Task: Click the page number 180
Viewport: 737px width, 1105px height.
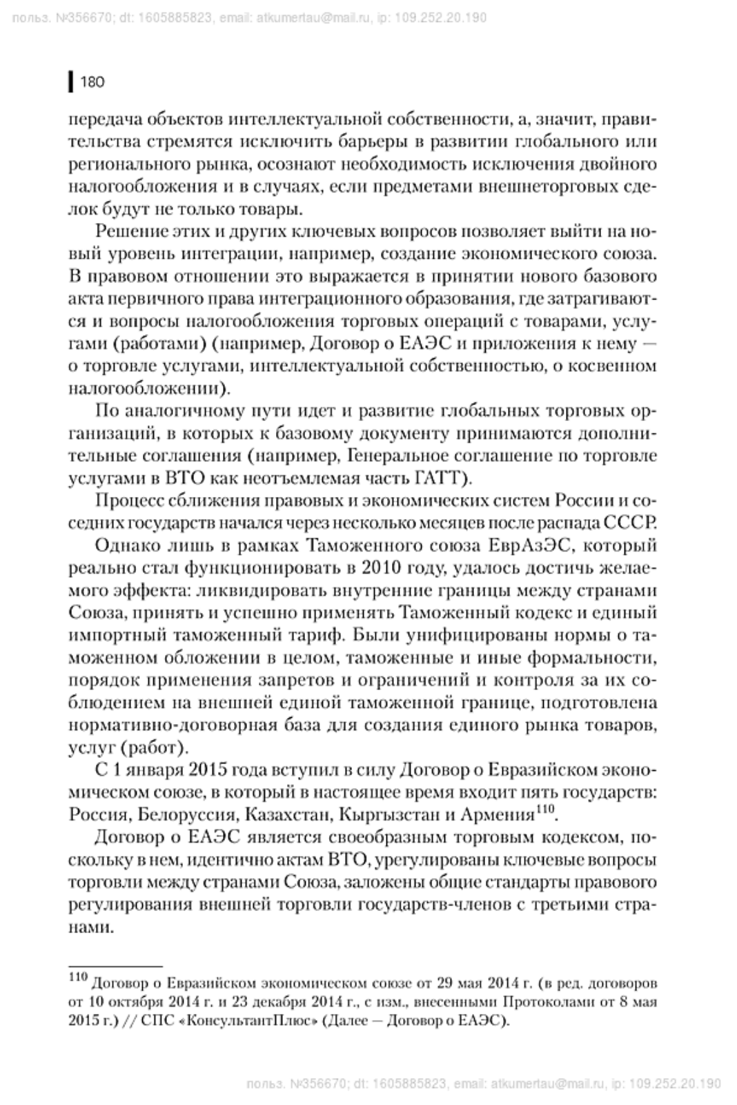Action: pos(92,82)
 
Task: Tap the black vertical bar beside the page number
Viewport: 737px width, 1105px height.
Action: pos(71,82)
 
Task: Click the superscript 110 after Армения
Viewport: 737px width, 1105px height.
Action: pos(546,808)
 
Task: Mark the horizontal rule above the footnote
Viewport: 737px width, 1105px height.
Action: pos(115,967)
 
